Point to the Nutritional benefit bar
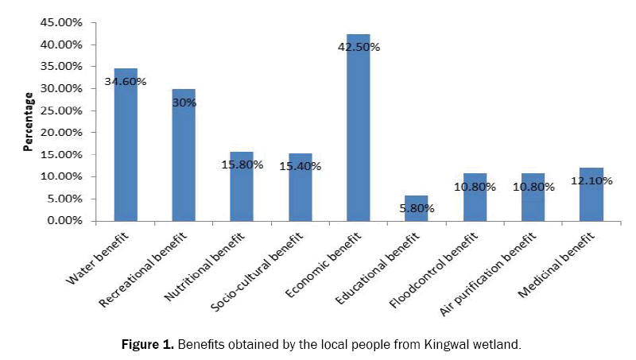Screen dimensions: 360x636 pos(242,186)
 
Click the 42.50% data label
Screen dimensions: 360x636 pos(359,47)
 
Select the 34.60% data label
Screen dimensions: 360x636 pos(125,81)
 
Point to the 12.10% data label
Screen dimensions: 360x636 pos(591,182)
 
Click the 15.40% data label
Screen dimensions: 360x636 pos(300,165)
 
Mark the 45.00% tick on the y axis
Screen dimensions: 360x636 pos(60,23)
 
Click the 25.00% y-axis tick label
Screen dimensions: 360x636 pos(60,110)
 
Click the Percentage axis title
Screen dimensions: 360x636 pos(29,121)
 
